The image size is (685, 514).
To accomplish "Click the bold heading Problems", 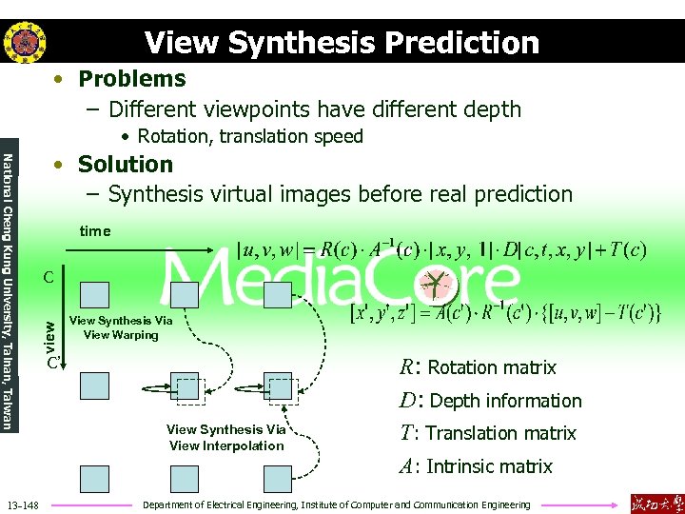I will click(x=131, y=79).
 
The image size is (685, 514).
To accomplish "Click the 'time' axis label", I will click(x=95, y=231).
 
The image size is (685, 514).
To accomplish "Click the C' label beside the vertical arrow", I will click(x=55, y=363).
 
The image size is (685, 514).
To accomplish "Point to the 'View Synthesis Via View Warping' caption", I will click(x=122, y=327).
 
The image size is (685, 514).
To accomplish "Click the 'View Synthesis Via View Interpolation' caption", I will click(x=226, y=438).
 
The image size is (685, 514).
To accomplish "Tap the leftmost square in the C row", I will click(x=95, y=295).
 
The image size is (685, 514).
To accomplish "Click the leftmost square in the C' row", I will click(x=95, y=385).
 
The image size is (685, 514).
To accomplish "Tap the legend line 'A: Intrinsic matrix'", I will click(x=475, y=466).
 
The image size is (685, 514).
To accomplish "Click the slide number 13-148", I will click(x=22, y=504).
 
